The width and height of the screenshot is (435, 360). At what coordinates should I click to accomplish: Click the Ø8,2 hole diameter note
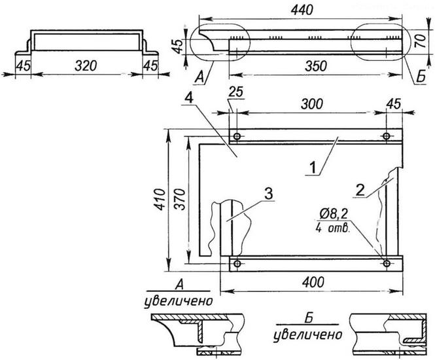click(x=335, y=213)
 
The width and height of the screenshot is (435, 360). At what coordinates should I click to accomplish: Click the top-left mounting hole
click(x=236, y=135)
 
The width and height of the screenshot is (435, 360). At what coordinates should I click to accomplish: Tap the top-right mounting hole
click(x=387, y=135)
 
